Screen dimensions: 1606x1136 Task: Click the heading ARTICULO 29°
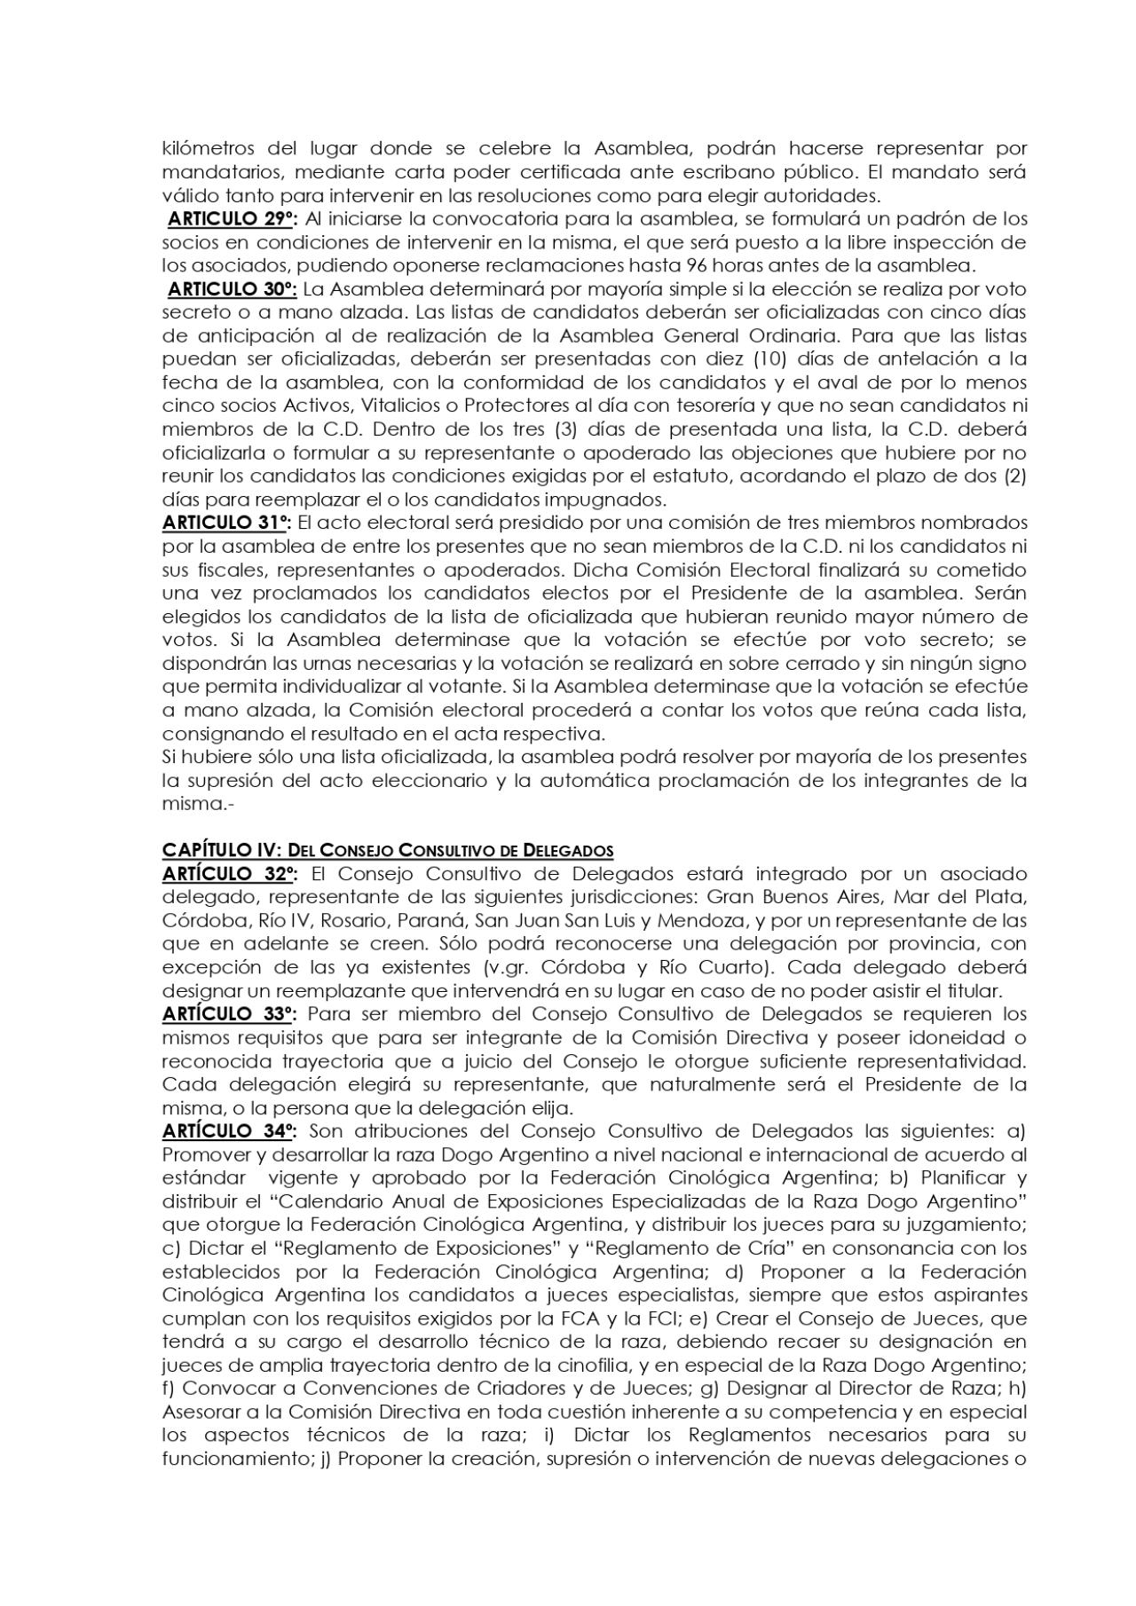[233, 219]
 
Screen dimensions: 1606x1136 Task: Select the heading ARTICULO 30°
[233, 289]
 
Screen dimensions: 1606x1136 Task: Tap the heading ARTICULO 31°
[227, 523]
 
